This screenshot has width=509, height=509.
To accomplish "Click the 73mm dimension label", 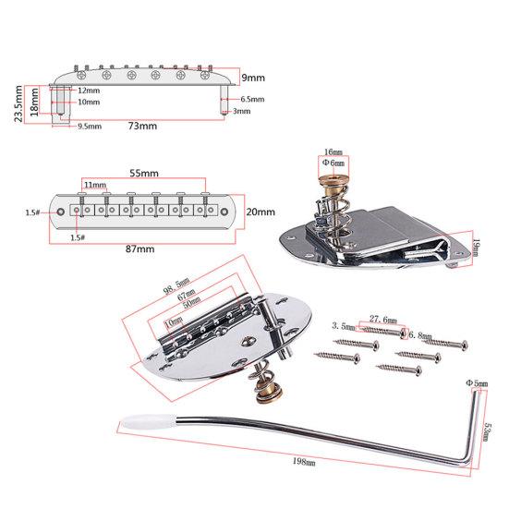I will [140, 127].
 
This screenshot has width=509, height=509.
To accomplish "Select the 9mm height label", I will [253, 79].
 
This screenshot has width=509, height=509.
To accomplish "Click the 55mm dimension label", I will [141, 173].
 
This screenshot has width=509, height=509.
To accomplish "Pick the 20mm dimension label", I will [261, 212].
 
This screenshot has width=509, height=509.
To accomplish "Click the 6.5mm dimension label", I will [252, 99].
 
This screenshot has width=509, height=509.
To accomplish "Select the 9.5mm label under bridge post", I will [89, 126].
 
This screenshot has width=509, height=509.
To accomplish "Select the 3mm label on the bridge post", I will [241, 111].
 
